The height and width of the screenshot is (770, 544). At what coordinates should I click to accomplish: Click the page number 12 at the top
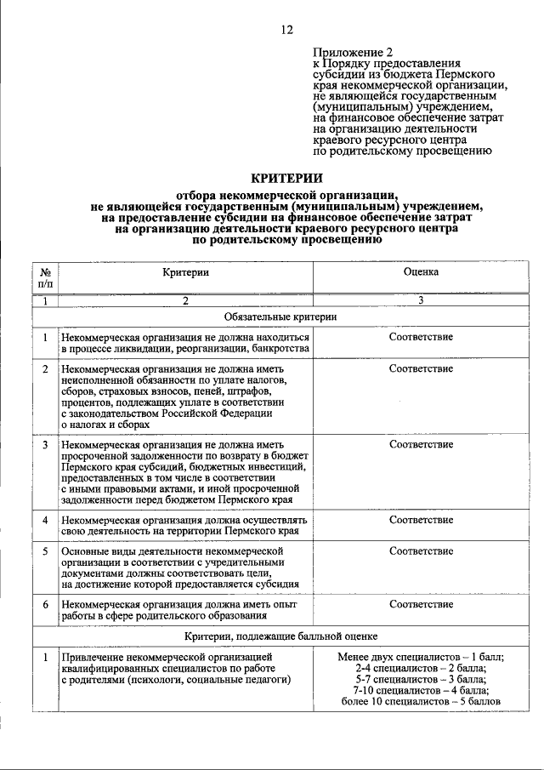pos(286,30)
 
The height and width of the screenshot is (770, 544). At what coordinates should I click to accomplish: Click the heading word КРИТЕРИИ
pos(286,178)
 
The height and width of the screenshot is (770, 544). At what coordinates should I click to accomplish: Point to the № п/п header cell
pos(44,277)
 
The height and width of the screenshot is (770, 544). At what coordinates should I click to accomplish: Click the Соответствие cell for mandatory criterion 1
pos(421,337)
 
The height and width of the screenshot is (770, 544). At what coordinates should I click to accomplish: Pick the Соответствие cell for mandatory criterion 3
pos(421,444)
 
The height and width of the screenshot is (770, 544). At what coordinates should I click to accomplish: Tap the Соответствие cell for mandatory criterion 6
pos(421,604)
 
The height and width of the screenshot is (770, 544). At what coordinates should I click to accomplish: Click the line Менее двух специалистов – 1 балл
pos(421,658)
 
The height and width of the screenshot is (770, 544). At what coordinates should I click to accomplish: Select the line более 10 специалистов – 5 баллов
pos(421,702)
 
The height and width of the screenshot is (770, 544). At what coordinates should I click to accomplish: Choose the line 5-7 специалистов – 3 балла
pos(421,680)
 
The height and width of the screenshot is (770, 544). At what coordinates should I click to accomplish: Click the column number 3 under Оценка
pos(421,300)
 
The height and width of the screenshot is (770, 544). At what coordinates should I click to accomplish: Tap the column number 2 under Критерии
pos(185,300)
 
